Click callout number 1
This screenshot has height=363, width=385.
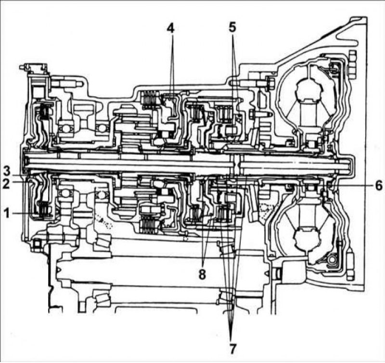coord(7,213)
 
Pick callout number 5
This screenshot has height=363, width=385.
coord(232,27)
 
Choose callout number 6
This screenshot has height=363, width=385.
coord(379,186)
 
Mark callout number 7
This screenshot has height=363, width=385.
coord(232,349)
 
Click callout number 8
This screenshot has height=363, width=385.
coord(202,275)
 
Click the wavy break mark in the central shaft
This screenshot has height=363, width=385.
coord(236,165)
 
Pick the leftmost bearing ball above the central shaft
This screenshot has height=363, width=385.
coord(64,128)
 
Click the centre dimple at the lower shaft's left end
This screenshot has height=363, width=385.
coord(58,271)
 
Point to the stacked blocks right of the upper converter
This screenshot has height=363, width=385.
coord(352,64)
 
